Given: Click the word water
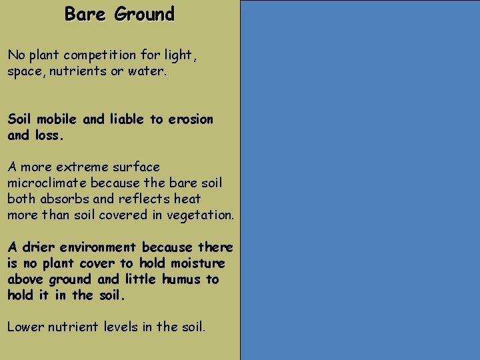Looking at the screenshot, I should point(148,71).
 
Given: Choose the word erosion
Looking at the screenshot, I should point(190,119).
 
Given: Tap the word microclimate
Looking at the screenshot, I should point(47,183).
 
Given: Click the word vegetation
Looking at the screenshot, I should point(201,215).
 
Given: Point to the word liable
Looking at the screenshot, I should point(129,119).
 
